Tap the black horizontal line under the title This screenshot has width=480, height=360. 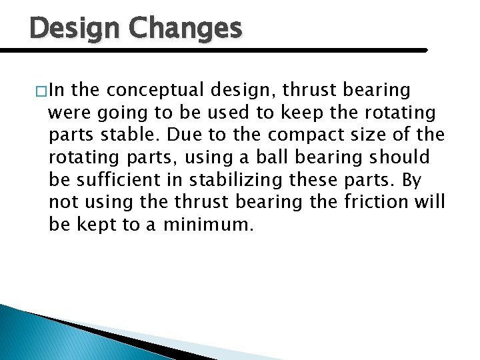click(x=213, y=50)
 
